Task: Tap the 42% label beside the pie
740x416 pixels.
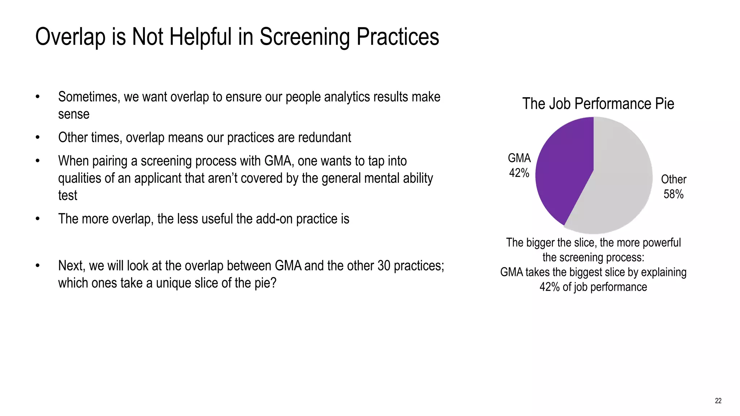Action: click(x=519, y=173)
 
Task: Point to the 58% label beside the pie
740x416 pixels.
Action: click(x=674, y=194)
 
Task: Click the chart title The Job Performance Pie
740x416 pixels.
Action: click(x=598, y=104)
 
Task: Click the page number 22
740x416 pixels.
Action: click(x=718, y=401)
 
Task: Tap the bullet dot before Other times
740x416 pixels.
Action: click(x=38, y=138)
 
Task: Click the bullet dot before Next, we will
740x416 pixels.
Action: click(x=38, y=266)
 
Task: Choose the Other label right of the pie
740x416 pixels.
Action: click(x=674, y=179)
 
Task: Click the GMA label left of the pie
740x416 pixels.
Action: click(x=519, y=158)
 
